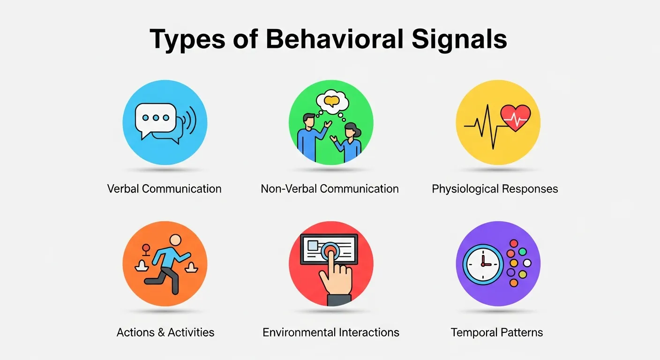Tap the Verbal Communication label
[x=164, y=189]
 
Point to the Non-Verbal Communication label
[x=330, y=189]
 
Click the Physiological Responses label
[x=495, y=189]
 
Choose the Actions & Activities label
[x=165, y=332]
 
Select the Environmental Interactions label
[x=330, y=332]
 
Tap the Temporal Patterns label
[x=496, y=332]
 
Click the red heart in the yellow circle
[x=516, y=118]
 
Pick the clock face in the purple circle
[x=482, y=264]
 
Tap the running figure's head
[x=175, y=240]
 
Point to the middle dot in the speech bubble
[x=155, y=118]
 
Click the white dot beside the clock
[x=527, y=263]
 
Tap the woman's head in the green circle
[x=351, y=129]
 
